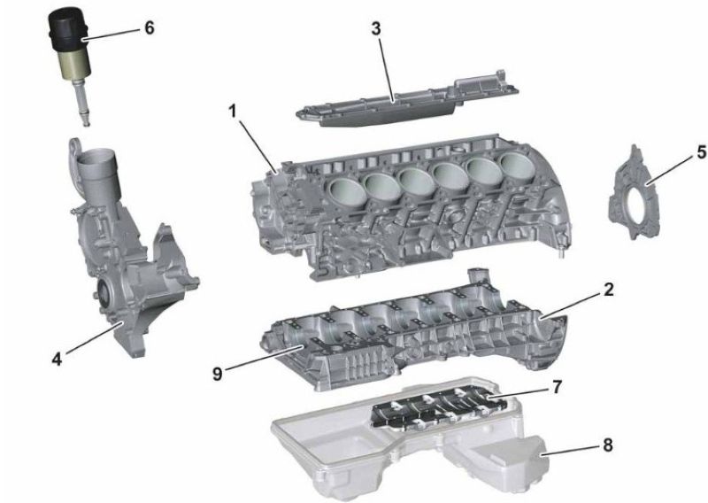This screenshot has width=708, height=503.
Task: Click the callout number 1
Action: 233,111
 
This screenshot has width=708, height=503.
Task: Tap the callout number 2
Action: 608,290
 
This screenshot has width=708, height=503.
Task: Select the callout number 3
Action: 376,28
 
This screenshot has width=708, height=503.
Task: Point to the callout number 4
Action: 57,360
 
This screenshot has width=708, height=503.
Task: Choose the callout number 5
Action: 701,152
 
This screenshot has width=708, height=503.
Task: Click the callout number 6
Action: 149,28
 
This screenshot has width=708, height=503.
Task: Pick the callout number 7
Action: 557,387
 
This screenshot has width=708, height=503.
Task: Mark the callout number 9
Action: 218,374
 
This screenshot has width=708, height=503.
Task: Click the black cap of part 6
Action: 69,28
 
